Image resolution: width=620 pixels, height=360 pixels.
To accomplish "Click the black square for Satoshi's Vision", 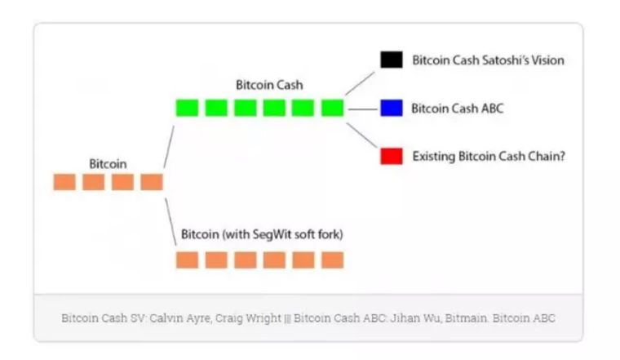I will [391, 60].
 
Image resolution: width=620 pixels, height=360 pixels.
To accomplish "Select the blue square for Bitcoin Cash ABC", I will [391, 108].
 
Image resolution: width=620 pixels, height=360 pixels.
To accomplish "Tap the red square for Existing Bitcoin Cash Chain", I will [391, 156].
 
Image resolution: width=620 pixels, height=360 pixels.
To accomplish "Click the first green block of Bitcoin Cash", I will [187, 108].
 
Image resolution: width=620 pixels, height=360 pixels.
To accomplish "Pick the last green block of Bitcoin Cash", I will [332, 108].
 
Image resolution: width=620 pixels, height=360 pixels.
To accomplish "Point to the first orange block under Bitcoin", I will [64, 182].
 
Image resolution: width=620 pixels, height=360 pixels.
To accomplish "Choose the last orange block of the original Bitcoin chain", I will [152, 182].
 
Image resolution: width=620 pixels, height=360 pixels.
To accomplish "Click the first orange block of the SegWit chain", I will [187, 260].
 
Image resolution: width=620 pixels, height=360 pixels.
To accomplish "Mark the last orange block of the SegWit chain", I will [332, 260].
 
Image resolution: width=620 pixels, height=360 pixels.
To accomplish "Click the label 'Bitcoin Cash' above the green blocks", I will [269, 85].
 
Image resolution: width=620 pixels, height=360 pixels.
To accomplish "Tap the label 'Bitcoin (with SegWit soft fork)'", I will [261, 235].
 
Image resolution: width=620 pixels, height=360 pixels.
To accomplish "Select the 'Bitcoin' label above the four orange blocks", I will [108, 164].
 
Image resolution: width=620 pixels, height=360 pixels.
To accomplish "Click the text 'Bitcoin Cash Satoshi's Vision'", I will [488, 60].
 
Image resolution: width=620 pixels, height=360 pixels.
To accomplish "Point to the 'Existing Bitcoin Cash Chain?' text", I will [489, 156].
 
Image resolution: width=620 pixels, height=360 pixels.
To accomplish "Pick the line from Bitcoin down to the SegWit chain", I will [170, 220].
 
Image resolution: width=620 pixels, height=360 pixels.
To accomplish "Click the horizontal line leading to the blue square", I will [362, 108].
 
